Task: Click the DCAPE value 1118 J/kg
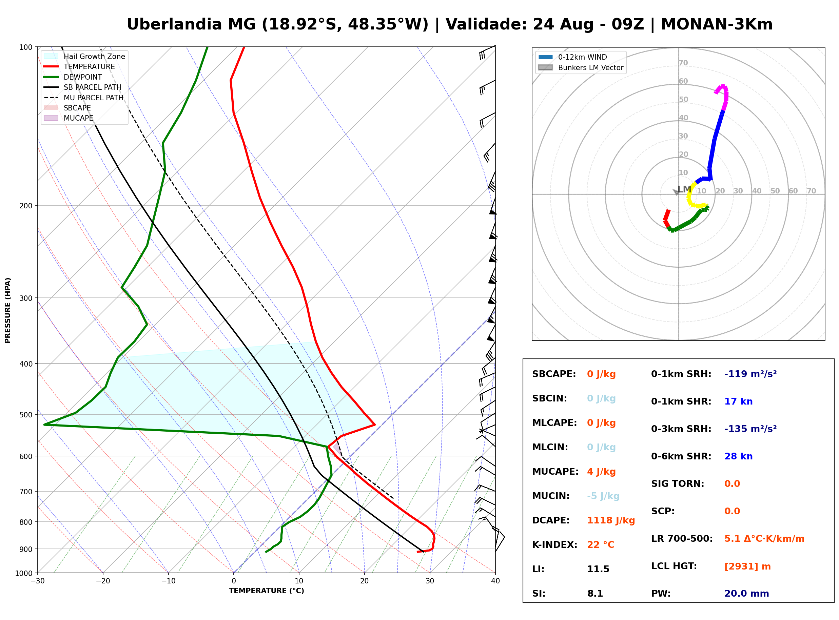pyautogui.click(x=611, y=520)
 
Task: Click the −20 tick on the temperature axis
pyautogui.click(x=102, y=581)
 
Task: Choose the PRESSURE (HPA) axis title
pyautogui.click(x=8, y=310)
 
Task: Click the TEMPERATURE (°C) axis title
pyautogui.click(x=266, y=591)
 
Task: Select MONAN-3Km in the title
pyautogui.click(x=717, y=24)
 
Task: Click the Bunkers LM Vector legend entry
pyautogui.click(x=581, y=67)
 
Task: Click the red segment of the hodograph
pyautogui.click(x=667, y=219)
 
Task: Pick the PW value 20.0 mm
pyautogui.click(x=747, y=594)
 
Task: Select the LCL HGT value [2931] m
pyautogui.click(x=747, y=566)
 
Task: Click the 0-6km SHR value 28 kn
pyautogui.click(x=738, y=456)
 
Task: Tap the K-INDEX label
pyautogui.click(x=555, y=545)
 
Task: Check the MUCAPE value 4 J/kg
pyautogui.click(x=601, y=472)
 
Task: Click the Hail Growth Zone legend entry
pyautogui.click(x=84, y=56)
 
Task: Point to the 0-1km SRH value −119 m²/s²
pyautogui.click(x=750, y=374)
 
